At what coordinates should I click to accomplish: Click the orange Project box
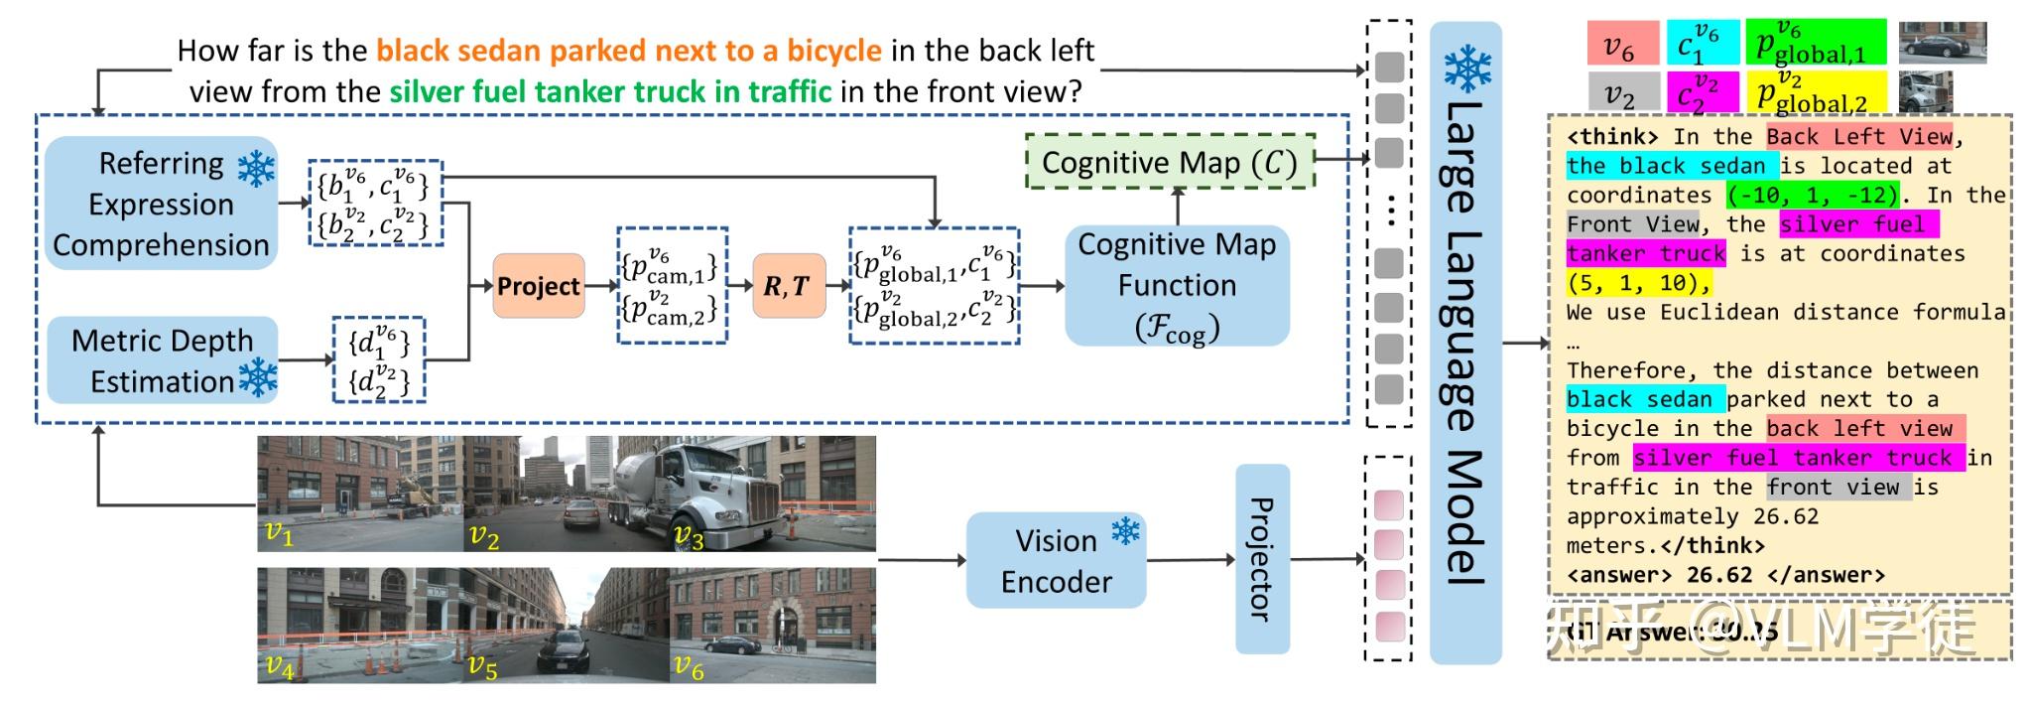click(x=539, y=286)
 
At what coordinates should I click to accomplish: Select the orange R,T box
click(x=789, y=286)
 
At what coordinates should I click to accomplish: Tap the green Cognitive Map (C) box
click(x=1170, y=162)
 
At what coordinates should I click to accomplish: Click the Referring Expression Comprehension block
click(x=161, y=204)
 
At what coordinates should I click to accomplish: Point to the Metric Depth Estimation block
click(x=163, y=360)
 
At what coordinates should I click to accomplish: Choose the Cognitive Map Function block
click(x=1177, y=286)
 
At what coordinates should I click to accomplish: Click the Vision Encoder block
click(x=1056, y=560)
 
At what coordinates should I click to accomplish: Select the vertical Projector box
click(x=1262, y=559)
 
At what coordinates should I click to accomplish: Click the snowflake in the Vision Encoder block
click(x=1125, y=531)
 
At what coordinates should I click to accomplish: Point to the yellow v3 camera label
click(x=688, y=537)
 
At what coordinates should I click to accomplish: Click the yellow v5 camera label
click(x=482, y=665)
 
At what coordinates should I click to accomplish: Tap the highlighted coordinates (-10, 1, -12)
click(x=1813, y=195)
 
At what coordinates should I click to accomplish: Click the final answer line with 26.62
click(x=1724, y=575)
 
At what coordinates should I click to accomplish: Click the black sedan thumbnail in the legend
click(x=1942, y=43)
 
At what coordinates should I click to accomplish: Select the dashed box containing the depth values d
click(x=379, y=360)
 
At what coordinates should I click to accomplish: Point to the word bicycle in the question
click(x=833, y=50)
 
